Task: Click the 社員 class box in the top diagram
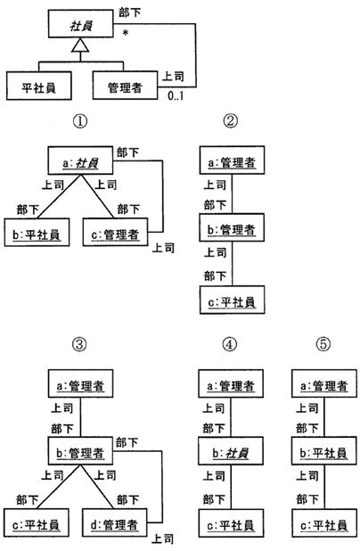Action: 81,23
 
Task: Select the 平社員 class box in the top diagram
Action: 39,86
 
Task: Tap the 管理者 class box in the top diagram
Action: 125,86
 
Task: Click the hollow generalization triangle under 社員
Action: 80,45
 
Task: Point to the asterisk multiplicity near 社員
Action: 126,34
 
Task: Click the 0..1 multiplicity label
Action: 176,95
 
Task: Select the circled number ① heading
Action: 80,121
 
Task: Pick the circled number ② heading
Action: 231,121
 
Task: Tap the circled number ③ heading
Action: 79,344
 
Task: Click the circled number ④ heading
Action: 230,344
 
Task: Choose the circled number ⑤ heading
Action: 323,344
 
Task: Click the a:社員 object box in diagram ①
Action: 80,160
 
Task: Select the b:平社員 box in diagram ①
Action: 37,233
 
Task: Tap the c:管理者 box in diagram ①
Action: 115,232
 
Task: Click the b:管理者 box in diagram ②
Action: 232,227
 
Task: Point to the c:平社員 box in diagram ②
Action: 233,300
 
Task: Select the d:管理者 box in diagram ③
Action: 114,522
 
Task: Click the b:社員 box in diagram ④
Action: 231,451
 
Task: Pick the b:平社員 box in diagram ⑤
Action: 324,451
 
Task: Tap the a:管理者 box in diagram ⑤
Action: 324,383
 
